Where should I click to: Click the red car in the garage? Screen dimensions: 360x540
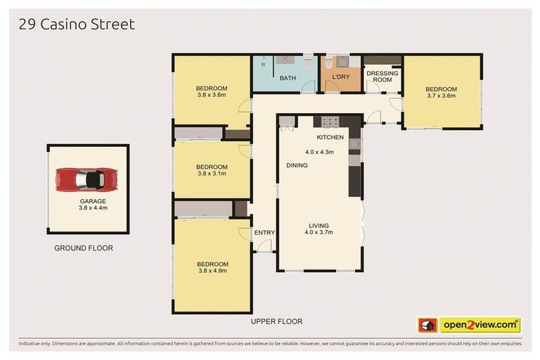88,179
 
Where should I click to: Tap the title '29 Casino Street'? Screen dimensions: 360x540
77,25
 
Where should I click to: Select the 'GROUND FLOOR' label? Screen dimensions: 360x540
84,248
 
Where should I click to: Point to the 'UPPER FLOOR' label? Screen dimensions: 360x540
276,321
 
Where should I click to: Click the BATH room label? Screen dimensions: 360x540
288,78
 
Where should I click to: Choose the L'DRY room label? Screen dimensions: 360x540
341,78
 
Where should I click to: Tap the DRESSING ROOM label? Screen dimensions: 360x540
382,77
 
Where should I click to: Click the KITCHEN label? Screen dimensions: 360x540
330,137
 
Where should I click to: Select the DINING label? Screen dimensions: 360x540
296,165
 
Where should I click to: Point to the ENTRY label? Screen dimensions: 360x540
264,233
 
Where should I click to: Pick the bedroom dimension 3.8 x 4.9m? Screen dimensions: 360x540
212,271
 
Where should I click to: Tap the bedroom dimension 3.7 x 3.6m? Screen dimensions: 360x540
441,96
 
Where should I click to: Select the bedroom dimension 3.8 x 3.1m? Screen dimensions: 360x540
212,174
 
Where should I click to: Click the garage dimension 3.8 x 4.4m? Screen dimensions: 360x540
93,208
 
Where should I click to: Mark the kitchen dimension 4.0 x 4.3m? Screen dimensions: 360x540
319,152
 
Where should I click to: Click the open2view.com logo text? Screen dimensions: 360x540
480,325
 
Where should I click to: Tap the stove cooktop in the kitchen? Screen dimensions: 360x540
330,121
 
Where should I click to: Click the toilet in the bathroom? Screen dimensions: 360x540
309,62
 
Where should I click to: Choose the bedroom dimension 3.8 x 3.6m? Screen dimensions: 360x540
212,95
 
